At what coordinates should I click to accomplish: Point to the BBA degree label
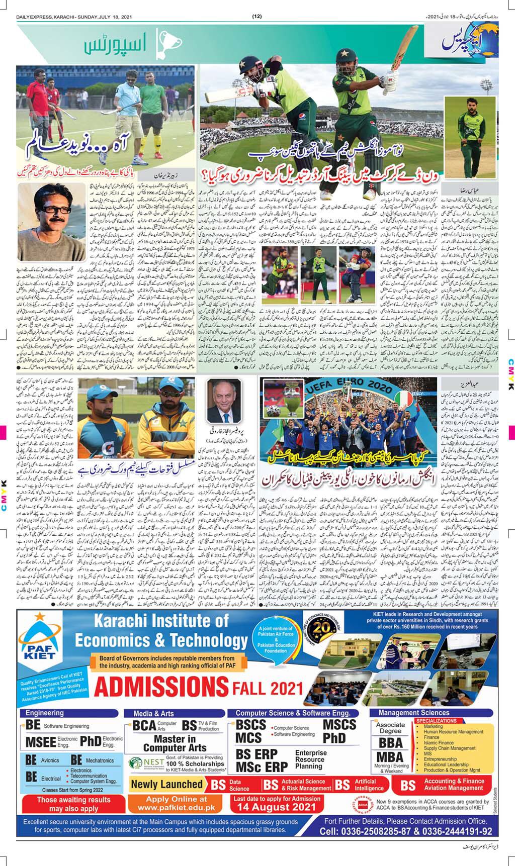click(x=391, y=743)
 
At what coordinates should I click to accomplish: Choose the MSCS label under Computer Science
click(x=339, y=725)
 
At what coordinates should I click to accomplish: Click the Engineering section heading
click(x=45, y=713)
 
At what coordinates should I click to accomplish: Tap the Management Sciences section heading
click(x=414, y=713)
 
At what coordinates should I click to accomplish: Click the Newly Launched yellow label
click(x=166, y=784)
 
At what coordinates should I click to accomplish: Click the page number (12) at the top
click(x=257, y=17)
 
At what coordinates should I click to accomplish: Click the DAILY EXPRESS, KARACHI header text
click(x=61, y=17)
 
